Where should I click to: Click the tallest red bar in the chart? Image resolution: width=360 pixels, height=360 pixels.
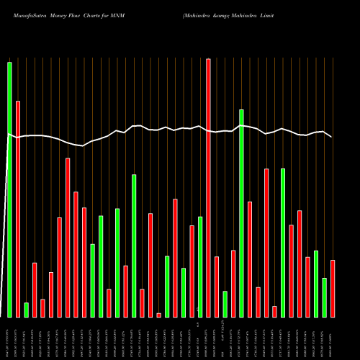tap(208, 188)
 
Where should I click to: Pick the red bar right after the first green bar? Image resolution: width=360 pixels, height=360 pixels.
tap(18, 209)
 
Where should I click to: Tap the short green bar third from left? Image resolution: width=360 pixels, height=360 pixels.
tap(26, 310)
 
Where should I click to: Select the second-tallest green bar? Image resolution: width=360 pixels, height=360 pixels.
tap(241, 213)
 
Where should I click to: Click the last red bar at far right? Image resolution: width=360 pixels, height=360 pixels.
tap(332, 288)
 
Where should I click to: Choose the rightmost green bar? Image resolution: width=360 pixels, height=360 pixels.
tap(324, 297)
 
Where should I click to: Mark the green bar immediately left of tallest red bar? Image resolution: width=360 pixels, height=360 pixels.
tap(200, 266)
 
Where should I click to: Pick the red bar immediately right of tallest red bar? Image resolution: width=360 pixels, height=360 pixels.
tap(217, 287)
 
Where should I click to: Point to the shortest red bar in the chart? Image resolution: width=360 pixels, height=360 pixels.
tap(158, 315)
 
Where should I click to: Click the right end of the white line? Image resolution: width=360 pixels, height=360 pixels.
tap(331, 136)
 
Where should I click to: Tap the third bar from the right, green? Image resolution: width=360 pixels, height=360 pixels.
tap(316, 284)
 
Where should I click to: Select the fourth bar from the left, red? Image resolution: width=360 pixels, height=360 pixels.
tap(35, 289)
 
